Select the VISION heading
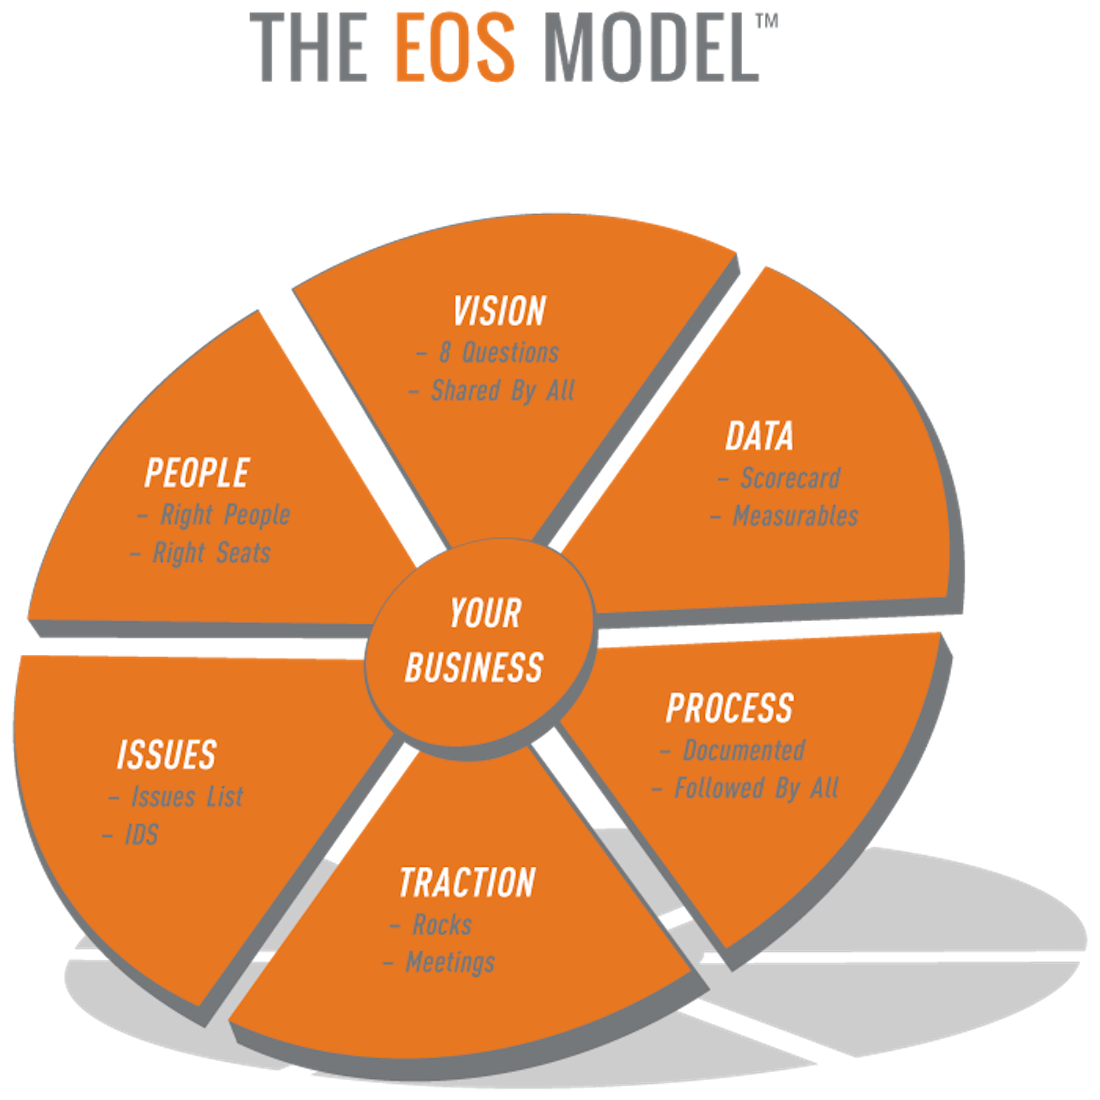pos(499,311)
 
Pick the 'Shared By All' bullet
pos(502,391)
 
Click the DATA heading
pos(760,436)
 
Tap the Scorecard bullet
pos(790,478)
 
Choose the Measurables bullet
pos(795,516)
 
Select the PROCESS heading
pos(730,708)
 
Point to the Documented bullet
pos(744,750)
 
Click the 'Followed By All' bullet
pos(756,788)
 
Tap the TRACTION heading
pos(468,883)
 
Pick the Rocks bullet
pos(441,925)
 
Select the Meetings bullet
pos(450,963)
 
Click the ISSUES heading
pos(166,755)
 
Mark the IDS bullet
pos(142,835)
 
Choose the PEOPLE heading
pos(197,473)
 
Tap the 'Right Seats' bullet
pos(211,553)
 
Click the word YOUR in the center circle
pos(485,613)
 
